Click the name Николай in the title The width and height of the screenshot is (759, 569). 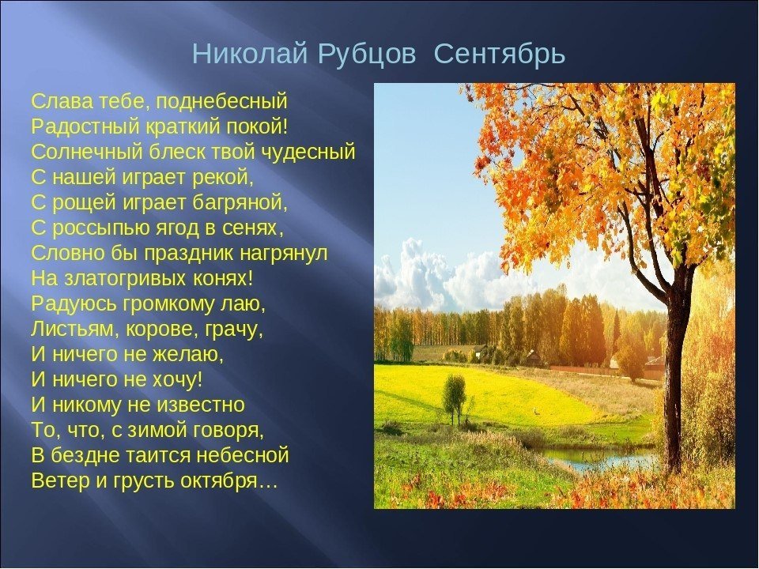click(250, 54)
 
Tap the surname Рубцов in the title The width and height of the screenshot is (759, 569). click(367, 55)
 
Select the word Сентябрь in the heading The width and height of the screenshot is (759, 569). click(500, 54)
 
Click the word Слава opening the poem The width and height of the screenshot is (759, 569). click(62, 101)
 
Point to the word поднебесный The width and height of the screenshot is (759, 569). click(222, 102)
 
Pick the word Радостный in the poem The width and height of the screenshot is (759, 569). click(85, 126)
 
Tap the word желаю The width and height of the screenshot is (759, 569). click(188, 355)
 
